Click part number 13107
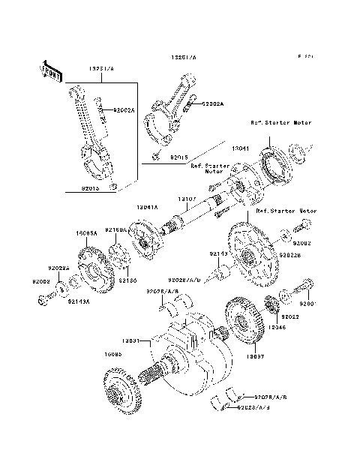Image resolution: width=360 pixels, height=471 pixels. [x=187, y=199]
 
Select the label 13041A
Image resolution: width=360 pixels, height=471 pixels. [x=148, y=205]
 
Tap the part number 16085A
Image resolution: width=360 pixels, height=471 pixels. [x=86, y=233]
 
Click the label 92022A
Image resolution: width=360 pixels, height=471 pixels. [x=58, y=268]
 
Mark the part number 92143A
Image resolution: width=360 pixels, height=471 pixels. [x=79, y=301]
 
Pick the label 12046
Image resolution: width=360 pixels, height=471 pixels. [x=277, y=328]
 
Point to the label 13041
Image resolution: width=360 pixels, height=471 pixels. [x=240, y=149]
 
